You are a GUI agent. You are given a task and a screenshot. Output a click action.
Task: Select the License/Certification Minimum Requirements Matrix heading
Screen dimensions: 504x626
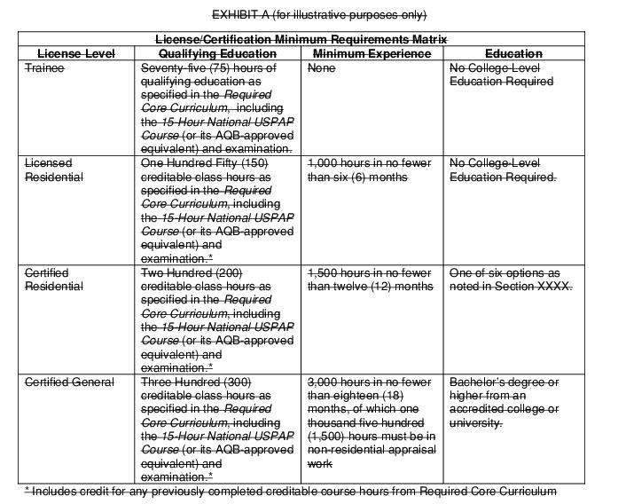[301, 40]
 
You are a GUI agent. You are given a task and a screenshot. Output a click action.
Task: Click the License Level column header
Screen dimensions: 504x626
[76, 54]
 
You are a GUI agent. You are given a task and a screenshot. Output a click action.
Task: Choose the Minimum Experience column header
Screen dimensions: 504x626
[372, 54]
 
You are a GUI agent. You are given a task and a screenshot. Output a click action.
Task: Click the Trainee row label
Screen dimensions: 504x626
[44, 68]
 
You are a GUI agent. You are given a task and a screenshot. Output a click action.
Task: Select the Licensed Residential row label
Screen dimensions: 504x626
[54, 170]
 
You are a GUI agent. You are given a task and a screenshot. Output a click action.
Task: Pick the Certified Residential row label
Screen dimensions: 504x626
[54, 280]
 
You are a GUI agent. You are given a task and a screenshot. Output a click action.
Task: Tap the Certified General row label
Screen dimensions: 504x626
[69, 382]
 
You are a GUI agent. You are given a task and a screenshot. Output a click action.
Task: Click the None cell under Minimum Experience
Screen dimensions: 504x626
[321, 68]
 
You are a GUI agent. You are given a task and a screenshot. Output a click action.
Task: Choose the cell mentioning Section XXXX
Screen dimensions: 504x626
[511, 280]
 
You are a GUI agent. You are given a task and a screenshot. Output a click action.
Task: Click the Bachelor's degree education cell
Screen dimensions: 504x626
[504, 402]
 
